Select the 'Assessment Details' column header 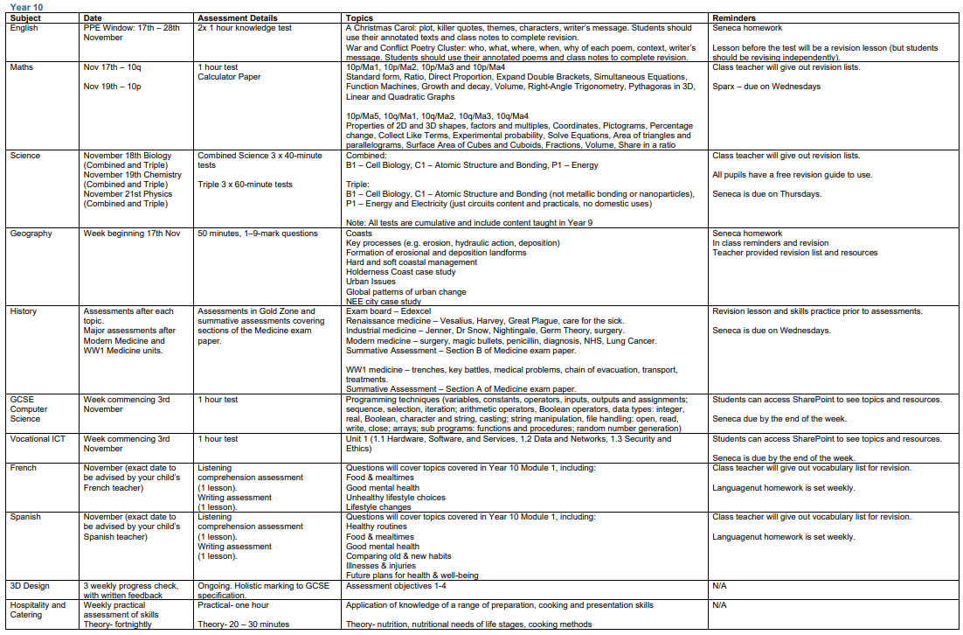click(x=238, y=17)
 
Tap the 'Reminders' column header click(x=734, y=17)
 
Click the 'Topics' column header click(x=359, y=17)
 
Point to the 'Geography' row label click(x=31, y=234)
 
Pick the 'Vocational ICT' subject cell click(x=38, y=439)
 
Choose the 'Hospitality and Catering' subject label click(x=38, y=610)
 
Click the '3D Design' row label click(x=30, y=586)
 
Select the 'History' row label click(x=24, y=311)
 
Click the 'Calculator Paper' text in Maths click(x=229, y=77)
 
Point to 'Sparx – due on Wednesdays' click(x=766, y=87)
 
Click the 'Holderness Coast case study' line click(x=400, y=272)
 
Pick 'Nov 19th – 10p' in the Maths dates click(x=112, y=87)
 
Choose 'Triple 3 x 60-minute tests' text click(x=244, y=185)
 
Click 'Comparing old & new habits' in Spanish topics click(x=398, y=556)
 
